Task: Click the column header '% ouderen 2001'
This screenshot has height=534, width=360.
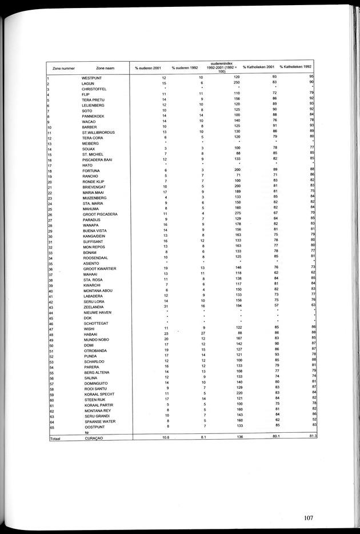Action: (147, 67)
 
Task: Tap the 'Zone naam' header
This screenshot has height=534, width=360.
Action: (106, 67)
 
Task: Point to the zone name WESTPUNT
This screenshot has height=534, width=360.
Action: (92, 77)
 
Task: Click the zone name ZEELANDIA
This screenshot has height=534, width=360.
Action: (94, 307)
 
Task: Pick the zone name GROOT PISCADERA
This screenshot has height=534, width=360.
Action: (100, 214)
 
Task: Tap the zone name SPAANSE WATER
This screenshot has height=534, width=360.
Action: (98, 421)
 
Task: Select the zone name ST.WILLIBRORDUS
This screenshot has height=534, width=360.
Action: (99, 132)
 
